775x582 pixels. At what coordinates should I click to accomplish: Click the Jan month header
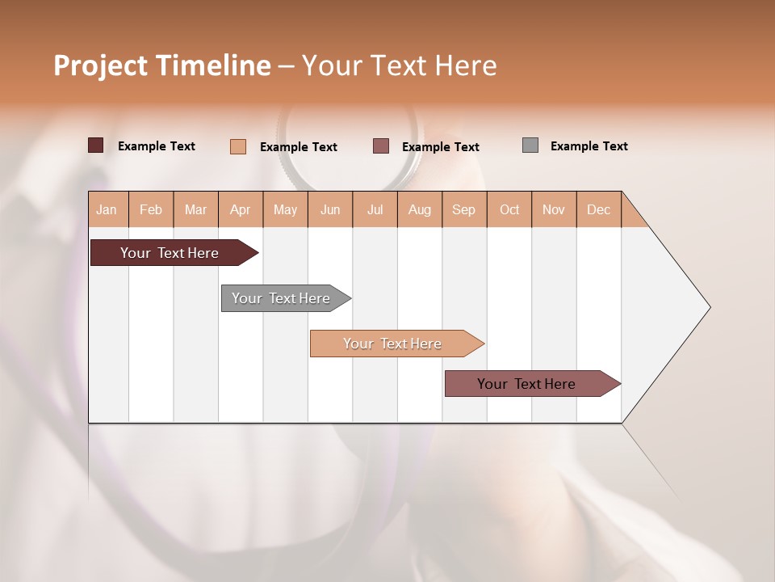107,210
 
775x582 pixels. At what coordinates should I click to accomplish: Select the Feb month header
151,210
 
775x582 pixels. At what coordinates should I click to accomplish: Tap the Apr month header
240,210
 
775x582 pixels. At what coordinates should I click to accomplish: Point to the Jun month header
330,210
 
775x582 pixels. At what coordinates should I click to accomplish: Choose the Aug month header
419,210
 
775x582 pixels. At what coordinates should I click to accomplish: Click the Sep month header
463,210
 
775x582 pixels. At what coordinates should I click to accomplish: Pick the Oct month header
509,210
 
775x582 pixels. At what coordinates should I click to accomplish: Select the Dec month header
598,210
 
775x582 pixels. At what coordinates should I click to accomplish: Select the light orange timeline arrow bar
393,344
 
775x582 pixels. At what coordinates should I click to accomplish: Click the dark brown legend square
96,145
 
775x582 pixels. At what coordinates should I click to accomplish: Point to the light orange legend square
238,146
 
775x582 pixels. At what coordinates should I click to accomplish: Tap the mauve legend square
381,146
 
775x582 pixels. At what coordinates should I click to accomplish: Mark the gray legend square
530,145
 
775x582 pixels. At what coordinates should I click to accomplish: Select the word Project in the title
98,65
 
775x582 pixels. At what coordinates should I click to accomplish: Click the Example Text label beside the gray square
589,146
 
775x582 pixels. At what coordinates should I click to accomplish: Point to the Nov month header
554,210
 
